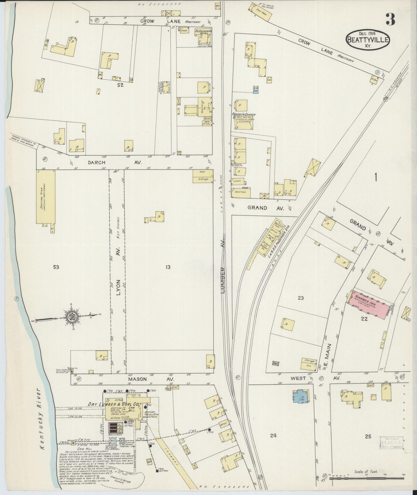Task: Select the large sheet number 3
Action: point(390,19)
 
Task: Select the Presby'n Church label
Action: point(244,115)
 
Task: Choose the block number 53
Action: point(56,267)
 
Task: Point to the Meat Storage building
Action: point(203,176)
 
